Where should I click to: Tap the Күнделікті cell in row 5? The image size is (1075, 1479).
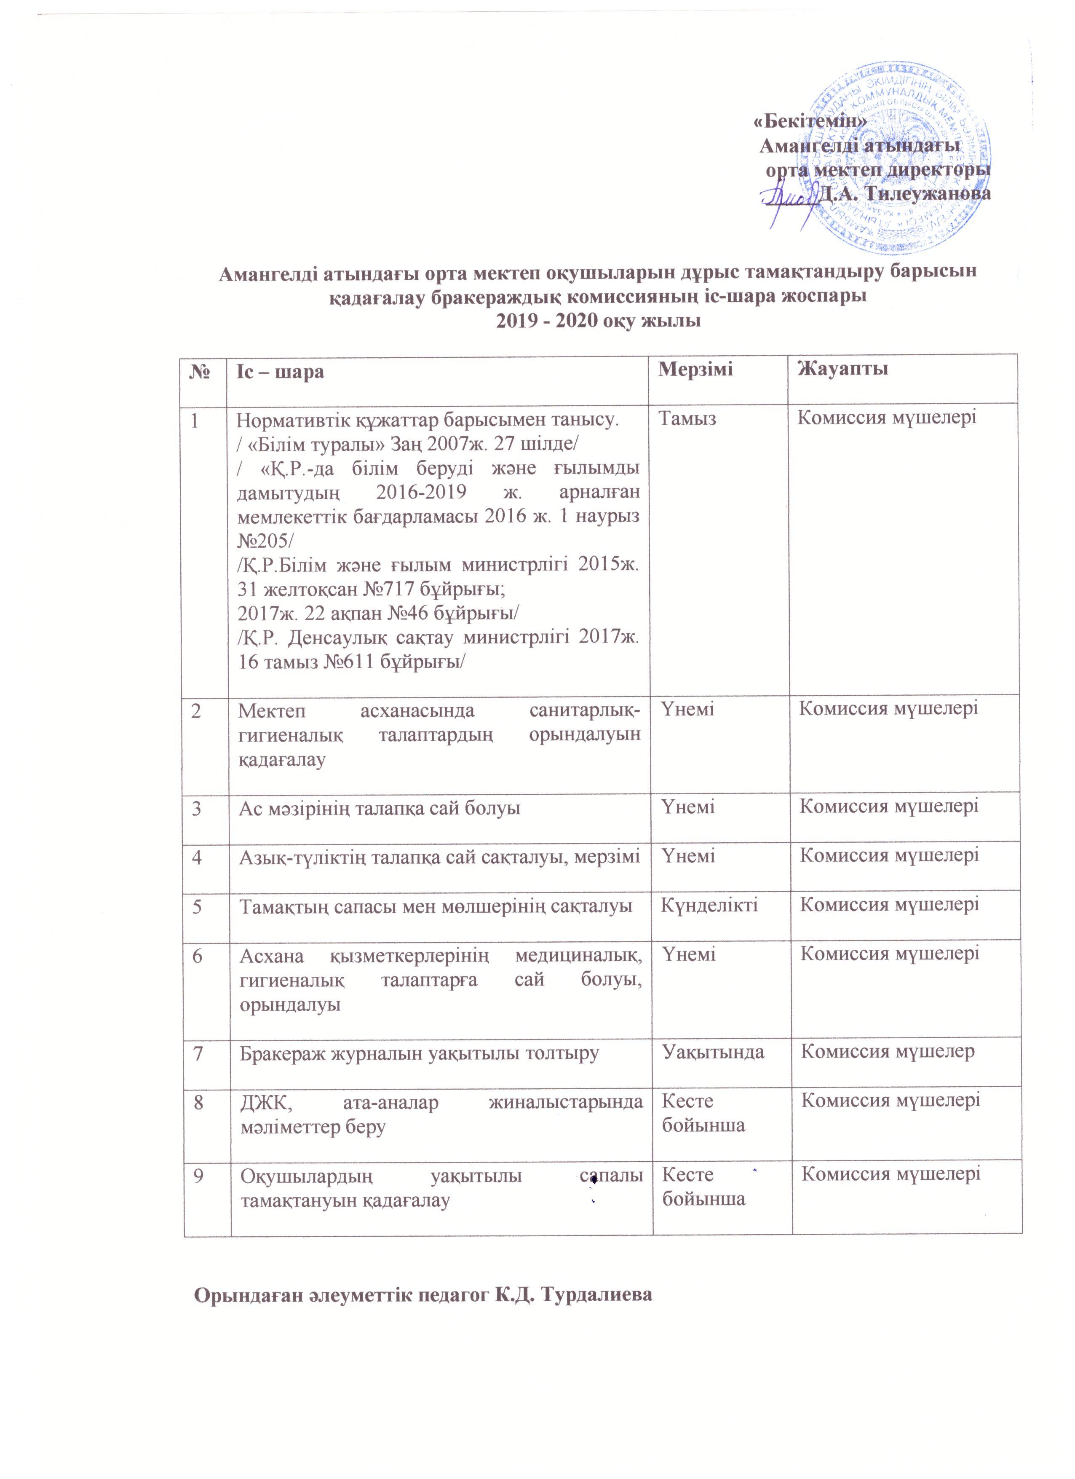click(709, 905)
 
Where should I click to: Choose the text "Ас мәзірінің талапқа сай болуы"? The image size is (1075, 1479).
click(380, 809)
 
